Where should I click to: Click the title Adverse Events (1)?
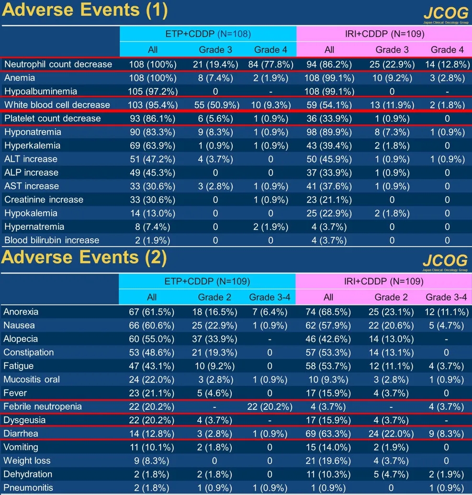coord(85,10)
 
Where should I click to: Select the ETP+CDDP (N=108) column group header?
coord(208,34)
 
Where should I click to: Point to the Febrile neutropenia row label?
coord(43,406)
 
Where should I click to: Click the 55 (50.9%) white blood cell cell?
coord(212,105)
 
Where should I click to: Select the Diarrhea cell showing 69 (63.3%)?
coord(328,434)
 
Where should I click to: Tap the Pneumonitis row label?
coord(28,488)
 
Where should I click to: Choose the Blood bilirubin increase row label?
coord(52,240)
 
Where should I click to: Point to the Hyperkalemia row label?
coord(33,145)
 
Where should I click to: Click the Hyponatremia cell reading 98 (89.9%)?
coord(329,132)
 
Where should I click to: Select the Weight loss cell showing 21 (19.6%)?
coord(328,461)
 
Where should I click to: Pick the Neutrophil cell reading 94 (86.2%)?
coord(329,64)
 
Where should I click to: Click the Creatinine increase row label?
coord(44,199)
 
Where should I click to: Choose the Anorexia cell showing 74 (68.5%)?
coord(328,312)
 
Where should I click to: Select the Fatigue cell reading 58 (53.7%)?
coord(328,366)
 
